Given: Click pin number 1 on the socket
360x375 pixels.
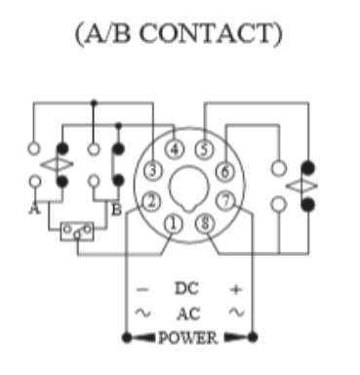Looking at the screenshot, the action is (x=174, y=224).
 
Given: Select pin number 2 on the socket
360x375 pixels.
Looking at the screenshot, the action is (x=151, y=202).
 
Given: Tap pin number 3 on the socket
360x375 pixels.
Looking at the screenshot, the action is (x=151, y=172).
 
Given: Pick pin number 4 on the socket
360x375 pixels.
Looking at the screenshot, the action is (x=174, y=149).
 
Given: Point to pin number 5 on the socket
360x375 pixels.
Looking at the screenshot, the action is (x=203, y=149).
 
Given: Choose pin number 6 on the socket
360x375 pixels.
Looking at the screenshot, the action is (x=225, y=172).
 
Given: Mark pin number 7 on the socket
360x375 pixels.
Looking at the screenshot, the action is (x=225, y=202).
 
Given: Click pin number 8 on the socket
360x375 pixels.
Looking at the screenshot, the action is (x=203, y=224).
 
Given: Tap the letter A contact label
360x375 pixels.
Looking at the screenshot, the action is (x=35, y=208).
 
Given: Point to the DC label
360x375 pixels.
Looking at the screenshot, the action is (x=187, y=289).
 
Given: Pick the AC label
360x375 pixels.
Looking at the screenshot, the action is (x=187, y=313).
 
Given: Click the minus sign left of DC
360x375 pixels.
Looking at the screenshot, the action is (x=142, y=289).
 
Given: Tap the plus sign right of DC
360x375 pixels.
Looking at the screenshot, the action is (x=235, y=289).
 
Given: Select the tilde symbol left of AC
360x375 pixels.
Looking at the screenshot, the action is (x=142, y=313).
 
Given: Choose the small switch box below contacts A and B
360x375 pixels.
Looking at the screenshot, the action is (x=75, y=231).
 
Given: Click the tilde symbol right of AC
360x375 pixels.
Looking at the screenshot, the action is (x=235, y=313).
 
